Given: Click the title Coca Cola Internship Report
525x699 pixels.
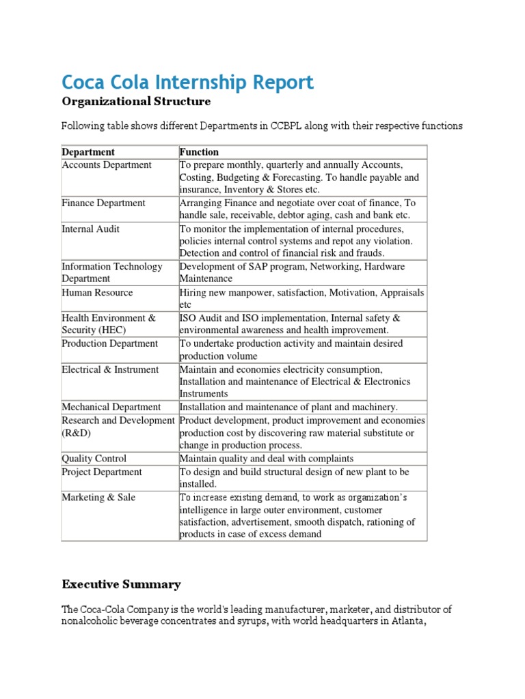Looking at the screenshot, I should click(187, 83).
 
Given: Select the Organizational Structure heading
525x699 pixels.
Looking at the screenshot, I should click(136, 102).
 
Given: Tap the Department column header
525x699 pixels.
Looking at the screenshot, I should click(88, 152).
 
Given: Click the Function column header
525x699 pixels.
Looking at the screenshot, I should click(199, 152).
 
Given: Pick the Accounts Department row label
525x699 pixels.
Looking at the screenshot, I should click(107, 165).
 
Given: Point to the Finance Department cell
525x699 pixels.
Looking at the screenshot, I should click(103, 203).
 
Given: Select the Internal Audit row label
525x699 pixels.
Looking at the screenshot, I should click(90, 229).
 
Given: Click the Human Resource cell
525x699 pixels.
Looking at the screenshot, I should click(97, 292).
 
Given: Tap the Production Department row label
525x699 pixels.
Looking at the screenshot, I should click(109, 343).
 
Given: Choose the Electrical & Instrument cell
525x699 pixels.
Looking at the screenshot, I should click(110, 369).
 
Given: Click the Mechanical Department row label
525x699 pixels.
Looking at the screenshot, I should click(111, 407).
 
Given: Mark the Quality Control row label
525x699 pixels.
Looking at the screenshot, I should click(94, 459).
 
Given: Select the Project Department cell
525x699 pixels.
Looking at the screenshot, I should click(102, 472).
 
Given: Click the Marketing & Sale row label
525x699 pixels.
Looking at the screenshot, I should click(98, 498).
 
